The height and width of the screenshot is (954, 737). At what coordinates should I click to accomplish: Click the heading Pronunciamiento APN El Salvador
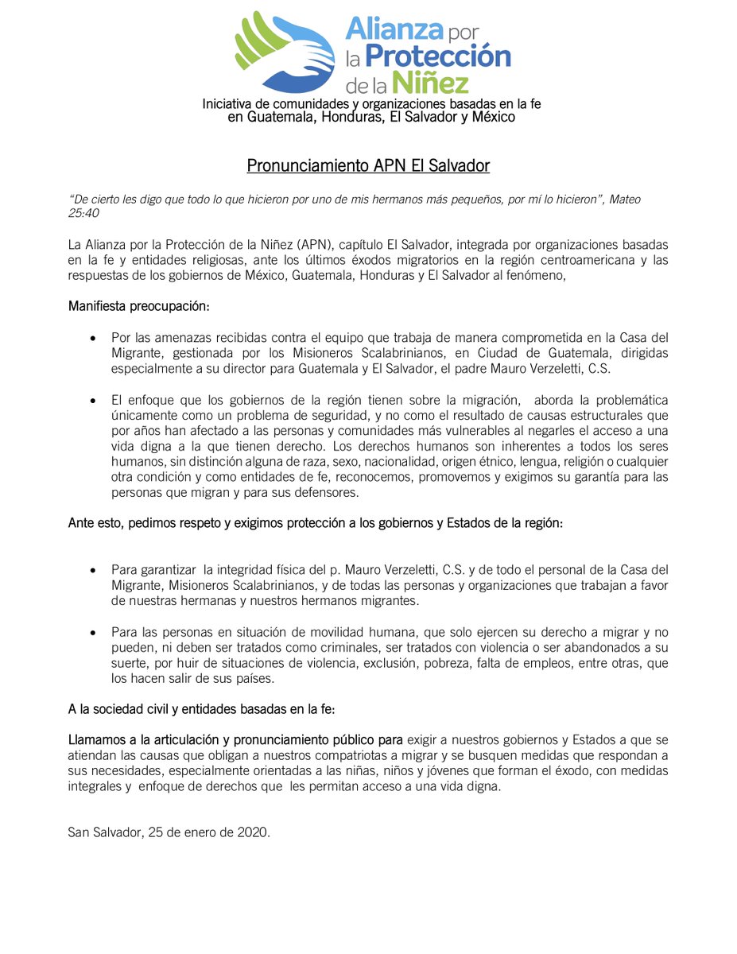(x=368, y=166)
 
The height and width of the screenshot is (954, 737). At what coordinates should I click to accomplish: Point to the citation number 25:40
(x=84, y=213)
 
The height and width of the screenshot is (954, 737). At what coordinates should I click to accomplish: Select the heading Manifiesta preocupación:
(x=138, y=306)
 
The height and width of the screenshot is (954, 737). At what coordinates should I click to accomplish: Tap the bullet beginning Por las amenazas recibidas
(x=94, y=338)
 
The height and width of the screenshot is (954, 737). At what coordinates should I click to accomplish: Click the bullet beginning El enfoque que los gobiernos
(x=94, y=400)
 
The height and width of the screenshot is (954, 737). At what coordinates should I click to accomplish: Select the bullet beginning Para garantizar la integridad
(x=94, y=570)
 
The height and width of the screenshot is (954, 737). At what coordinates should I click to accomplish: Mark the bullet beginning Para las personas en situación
(x=94, y=632)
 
